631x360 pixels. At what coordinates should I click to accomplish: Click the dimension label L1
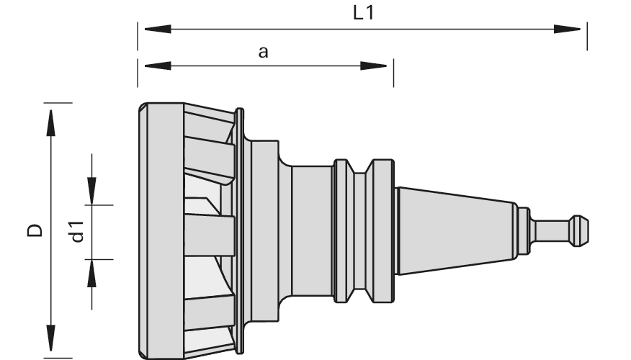point(363,13)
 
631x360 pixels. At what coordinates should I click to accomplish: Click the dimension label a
point(263,53)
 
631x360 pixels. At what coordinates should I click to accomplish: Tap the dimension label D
point(35,230)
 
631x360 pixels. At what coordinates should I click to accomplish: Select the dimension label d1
point(77,232)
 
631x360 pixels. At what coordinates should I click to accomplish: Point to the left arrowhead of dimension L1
point(158,29)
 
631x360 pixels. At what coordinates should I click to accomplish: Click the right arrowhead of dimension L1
point(567,29)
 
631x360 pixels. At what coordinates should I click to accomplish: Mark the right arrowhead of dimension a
point(373,66)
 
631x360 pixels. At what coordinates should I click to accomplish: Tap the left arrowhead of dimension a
point(158,66)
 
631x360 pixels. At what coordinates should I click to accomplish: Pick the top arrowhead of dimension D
point(50,122)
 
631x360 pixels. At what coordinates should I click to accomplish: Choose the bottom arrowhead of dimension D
point(50,338)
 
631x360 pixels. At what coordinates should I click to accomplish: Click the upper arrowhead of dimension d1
point(91,191)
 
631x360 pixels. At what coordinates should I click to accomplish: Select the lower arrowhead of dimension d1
point(91,273)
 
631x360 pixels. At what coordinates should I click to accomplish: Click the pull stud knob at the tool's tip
point(579,230)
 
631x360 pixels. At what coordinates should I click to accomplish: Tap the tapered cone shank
point(455,231)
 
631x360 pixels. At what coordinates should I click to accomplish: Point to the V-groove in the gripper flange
point(359,230)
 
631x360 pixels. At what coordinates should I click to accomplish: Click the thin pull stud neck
point(550,230)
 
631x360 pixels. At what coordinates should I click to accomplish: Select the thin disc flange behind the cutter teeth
point(239,231)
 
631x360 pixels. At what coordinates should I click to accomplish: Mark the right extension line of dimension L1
point(587,36)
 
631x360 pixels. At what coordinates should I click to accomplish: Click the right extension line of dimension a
point(393,73)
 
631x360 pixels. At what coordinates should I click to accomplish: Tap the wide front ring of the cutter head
point(161,231)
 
